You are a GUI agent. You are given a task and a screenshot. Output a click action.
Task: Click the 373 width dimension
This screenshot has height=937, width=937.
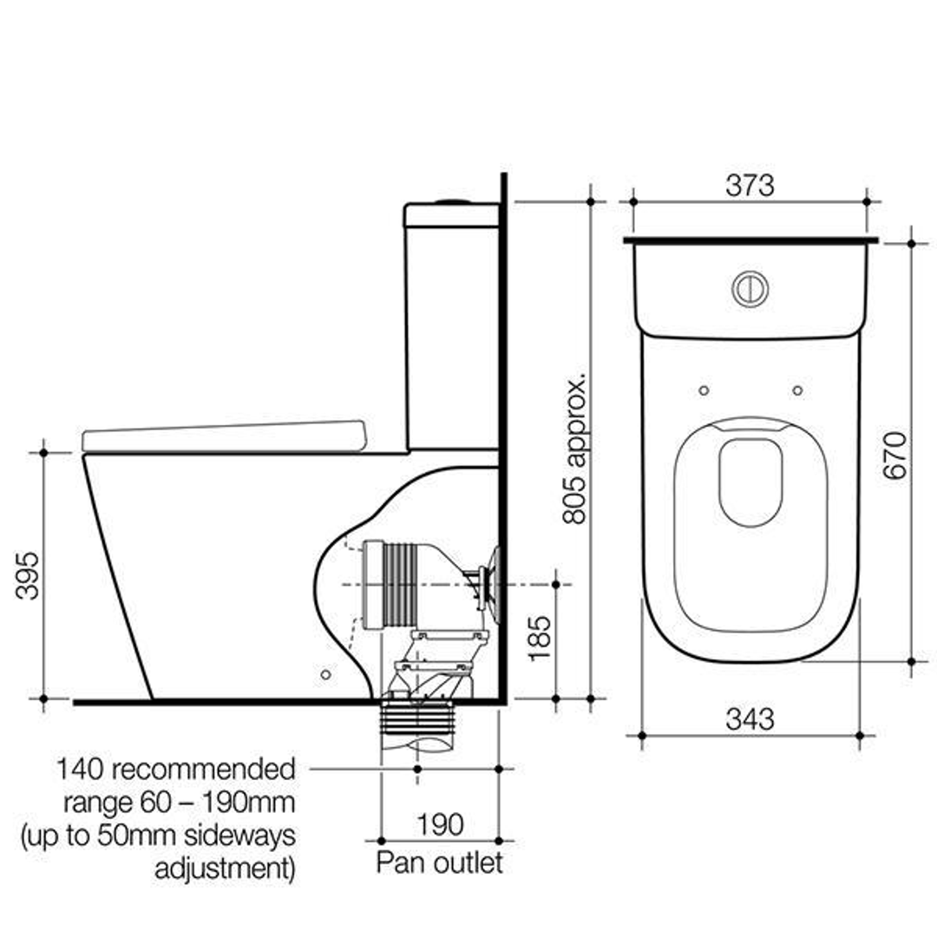pos(750,185)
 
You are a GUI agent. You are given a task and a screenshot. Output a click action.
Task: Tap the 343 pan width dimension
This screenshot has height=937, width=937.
pos(750,718)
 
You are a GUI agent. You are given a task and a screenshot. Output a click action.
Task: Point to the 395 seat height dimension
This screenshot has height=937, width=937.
pos(28,575)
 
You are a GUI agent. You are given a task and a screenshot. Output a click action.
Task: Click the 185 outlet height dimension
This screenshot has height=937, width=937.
pos(540,639)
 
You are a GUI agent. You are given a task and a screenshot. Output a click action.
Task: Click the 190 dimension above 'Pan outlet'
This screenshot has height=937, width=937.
pos(440,823)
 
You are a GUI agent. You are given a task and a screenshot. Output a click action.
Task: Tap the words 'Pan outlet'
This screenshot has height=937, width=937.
pos(439,863)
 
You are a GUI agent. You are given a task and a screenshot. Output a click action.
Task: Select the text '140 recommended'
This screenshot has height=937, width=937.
pos(176,769)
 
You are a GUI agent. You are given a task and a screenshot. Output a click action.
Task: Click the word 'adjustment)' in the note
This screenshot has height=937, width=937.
pos(225,868)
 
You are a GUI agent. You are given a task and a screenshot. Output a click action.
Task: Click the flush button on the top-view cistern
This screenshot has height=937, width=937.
pos(750,289)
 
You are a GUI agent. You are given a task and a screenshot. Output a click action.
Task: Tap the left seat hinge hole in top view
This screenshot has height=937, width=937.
pos(704,390)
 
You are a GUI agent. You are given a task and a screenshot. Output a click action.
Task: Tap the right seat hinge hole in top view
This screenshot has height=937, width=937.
pos(797,390)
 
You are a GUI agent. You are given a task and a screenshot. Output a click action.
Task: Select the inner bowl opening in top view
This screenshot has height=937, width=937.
pos(750,482)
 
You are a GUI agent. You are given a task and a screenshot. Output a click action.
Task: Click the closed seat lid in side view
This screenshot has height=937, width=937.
pos(224,437)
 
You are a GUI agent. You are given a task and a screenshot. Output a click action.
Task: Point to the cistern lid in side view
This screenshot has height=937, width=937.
pos(451,214)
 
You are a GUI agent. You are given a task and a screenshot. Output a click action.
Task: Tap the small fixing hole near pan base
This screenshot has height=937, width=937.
pos(325,674)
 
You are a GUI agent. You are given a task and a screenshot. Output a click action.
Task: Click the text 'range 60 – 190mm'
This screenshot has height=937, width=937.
pos(178,802)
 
